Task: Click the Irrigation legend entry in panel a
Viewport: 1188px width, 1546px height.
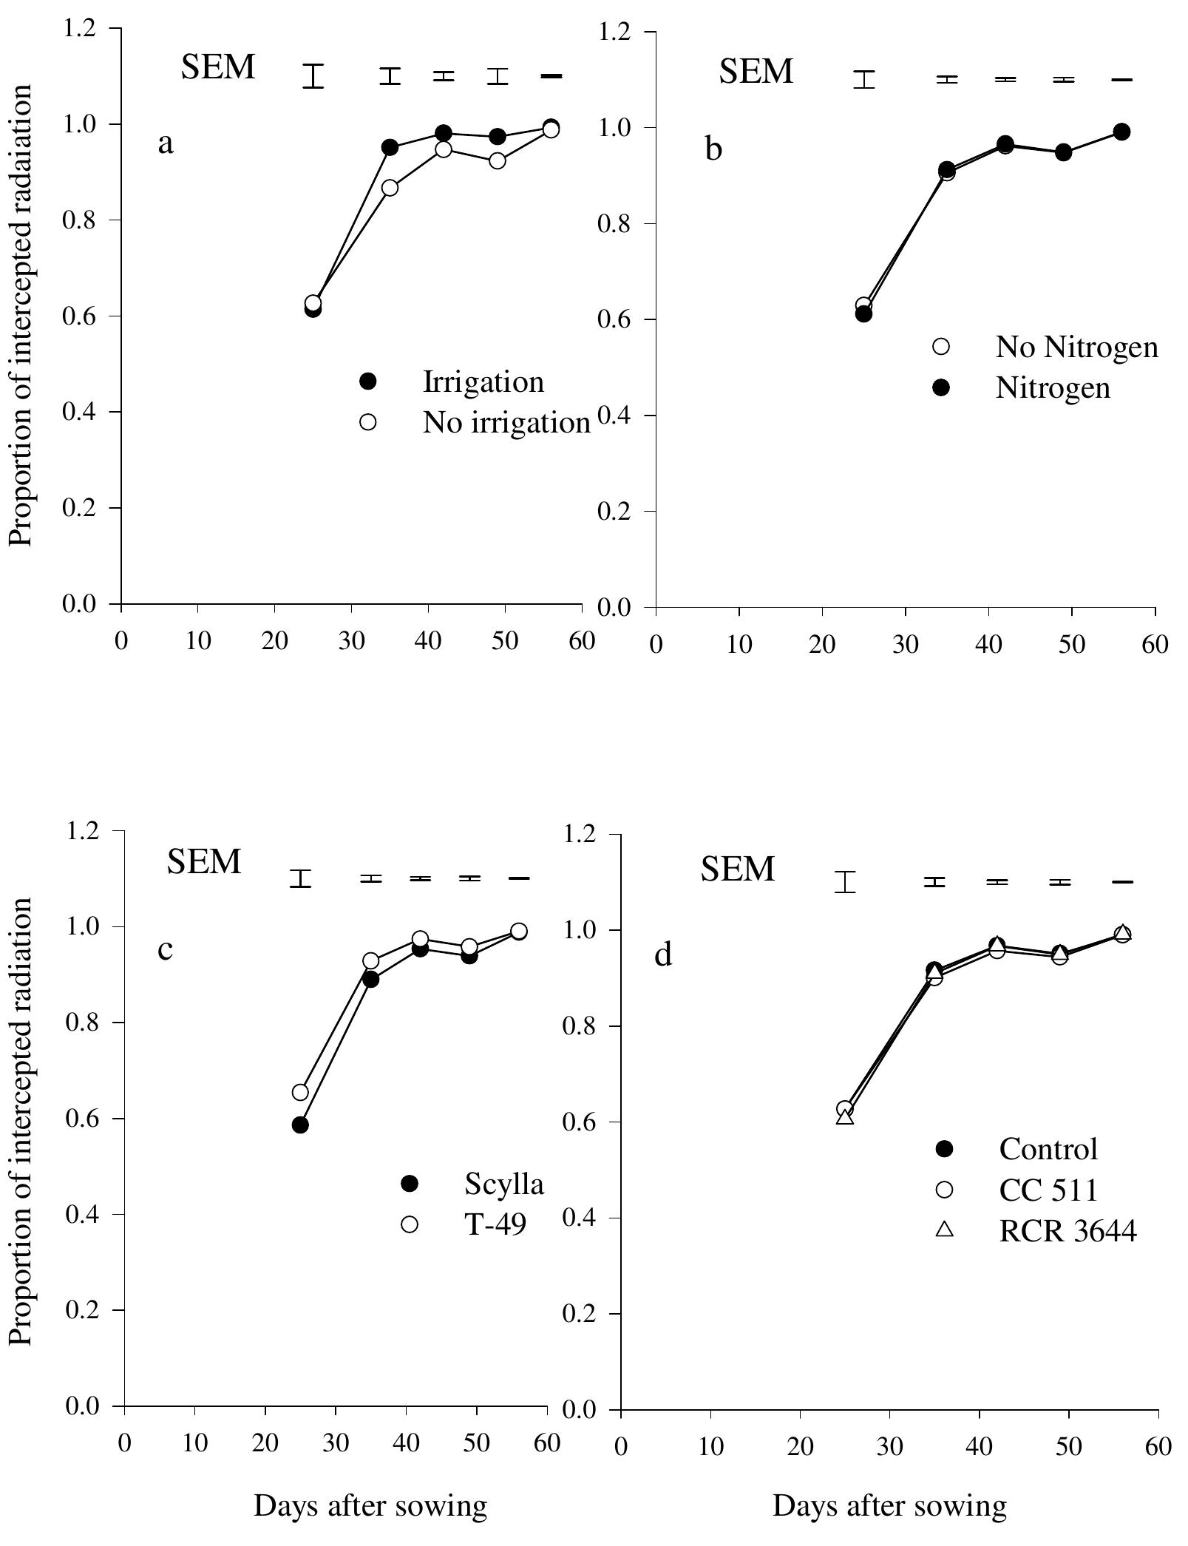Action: click(483, 382)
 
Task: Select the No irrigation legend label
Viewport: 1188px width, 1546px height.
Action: click(506, 422)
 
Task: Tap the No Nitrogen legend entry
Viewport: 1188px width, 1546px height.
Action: click(1076, 347)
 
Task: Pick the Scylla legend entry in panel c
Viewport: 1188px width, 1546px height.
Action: click(503, 1184)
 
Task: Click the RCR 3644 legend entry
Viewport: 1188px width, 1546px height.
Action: click(1067, 1231)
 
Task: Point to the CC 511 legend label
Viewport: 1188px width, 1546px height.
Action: click(1048, 1190)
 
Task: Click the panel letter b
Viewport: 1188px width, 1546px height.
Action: click(713, 149)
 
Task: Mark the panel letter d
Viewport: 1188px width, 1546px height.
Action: click(663, 955)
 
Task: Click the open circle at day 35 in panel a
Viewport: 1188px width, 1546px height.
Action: click(390, 188)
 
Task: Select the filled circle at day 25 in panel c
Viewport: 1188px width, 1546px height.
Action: click(300, 1125)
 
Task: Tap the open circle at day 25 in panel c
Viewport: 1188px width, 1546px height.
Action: click(300, 1092)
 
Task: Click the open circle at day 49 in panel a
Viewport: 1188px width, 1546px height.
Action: click(498, 160)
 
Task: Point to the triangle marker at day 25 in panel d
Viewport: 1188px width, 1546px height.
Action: click(845, 1117)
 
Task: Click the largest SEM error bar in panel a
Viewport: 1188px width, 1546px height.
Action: click(314, 76)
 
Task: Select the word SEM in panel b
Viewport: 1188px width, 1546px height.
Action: click(756, 72)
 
